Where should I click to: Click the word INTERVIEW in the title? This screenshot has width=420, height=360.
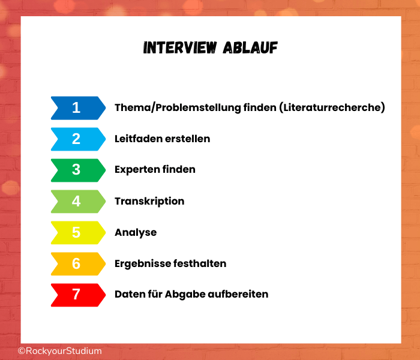180,47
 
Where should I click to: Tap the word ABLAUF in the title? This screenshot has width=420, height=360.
250,47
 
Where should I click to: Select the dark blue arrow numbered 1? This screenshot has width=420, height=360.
78,108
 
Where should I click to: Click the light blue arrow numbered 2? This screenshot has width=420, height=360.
78,139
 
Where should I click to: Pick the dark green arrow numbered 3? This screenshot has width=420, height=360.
78,170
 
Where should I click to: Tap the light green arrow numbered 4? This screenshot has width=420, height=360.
78,202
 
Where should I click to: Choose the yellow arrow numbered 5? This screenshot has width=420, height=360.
78,233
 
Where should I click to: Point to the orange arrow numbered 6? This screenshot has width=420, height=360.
78,264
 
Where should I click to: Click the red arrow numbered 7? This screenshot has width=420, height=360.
78,295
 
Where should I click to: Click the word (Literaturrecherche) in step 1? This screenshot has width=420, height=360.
332,107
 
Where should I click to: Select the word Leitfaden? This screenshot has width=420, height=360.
138,139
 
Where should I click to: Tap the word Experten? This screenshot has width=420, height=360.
137,170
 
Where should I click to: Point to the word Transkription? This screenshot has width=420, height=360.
149,202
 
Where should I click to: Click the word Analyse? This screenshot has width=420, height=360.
136,233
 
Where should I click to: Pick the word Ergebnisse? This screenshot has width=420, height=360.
142,264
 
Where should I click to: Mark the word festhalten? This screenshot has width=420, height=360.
200,263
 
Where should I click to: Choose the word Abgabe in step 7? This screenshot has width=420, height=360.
185,295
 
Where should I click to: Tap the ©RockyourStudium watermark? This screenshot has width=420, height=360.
60,351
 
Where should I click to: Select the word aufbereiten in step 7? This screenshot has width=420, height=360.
238,294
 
